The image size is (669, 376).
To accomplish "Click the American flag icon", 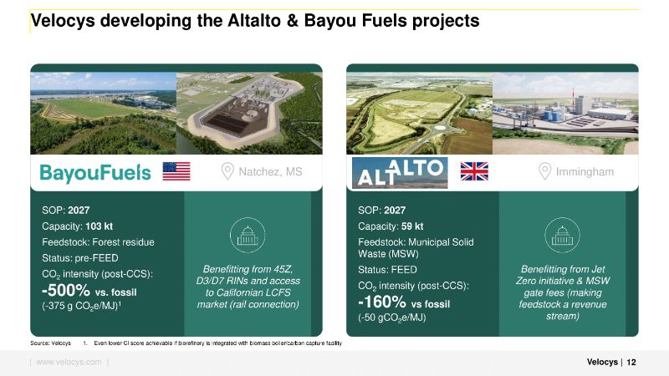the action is click(x=176, y=171).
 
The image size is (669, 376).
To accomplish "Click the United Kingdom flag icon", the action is click(x=474, y=171).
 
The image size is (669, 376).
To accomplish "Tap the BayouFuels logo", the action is click(x=95, y=173).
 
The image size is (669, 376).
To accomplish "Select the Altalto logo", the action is click(x=400, y=173).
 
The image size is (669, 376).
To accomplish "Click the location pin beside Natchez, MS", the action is click(x=227, y=171).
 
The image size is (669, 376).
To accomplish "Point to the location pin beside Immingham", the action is click(x=544, y=171).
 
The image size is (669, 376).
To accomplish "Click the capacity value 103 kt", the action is click(x=99, y=226).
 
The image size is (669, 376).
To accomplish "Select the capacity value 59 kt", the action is click(x=412, y=226).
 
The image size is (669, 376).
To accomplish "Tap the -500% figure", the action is click(x=66, y=291).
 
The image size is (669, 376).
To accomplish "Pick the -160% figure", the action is click(x=382, y=302).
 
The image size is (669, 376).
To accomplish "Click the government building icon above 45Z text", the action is click(x=248, y=236).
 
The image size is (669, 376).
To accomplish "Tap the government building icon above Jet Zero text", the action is click(x=562, y=236).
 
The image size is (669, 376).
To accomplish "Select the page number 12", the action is click(x=631, y=362).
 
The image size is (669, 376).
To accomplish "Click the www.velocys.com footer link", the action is click(x=69, y=362).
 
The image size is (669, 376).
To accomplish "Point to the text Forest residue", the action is click(x=123, y=242).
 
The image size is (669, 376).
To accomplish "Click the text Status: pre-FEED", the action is click(x=80, y=258).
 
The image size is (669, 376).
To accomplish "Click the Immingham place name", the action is click(x=585, y=172).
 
